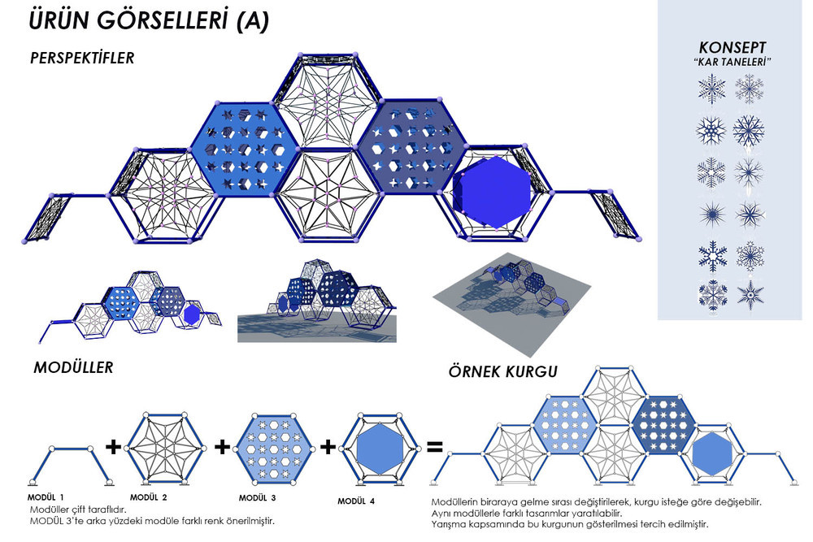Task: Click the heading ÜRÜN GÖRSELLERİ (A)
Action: [150, 21]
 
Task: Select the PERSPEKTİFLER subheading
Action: [82, 58]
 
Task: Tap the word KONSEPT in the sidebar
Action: [733, 47]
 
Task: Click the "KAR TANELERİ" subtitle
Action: [733, 62]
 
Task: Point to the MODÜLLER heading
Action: [73, 367]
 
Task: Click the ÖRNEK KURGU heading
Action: [503, 371]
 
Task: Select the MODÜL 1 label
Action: [46, 497]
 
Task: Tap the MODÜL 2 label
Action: [148, 497]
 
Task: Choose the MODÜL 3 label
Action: [257, 498]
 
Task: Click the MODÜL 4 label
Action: [356, 501]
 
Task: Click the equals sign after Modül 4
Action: [434, 446]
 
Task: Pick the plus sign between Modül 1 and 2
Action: [113, 446]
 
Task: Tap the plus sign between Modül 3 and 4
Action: [328, 446]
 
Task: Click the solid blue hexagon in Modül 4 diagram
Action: [380, 449]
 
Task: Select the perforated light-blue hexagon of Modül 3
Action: [276, 449]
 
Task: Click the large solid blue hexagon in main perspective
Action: [493, 193]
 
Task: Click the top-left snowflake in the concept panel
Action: [711, 89]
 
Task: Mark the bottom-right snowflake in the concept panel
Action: [750, 294]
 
